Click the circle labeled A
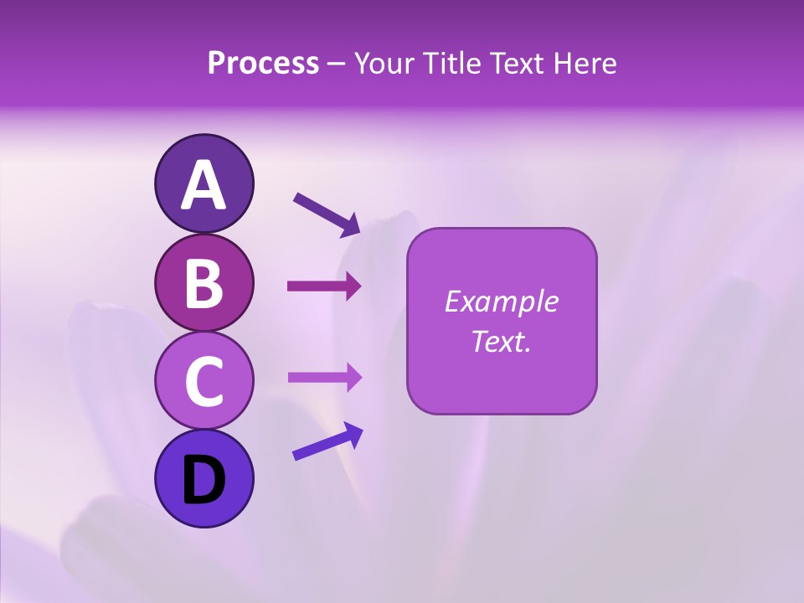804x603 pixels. tap(204, 183)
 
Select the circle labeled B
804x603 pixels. tap(204, 282)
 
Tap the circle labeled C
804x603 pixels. tap(204, 380)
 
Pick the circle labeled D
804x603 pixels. tap(204, 478)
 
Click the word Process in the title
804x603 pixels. tap(263, 63)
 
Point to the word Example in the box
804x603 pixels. tap(501, 301)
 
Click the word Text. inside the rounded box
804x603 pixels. tap(501, 341)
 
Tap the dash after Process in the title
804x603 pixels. tap(337, 64)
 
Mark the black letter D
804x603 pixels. tap(204, 481)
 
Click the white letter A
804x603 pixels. tap(204, 185)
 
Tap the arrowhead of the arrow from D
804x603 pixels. tap(353, 433)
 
